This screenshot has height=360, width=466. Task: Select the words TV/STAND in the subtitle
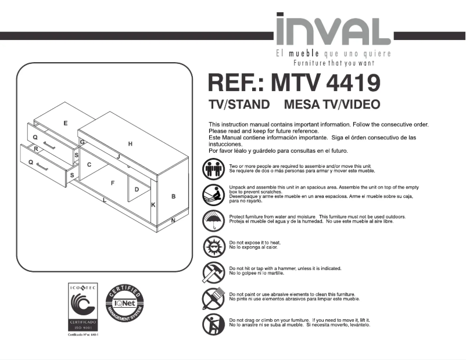pyautogui.click(x=239, y=105)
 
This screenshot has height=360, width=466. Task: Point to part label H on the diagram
pyautogui.click(x=131, y=143)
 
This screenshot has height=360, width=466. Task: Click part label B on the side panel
pyautogui.click(x=174, y=197)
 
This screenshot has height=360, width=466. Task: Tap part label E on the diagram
pyautogui.click(x=66, y=123)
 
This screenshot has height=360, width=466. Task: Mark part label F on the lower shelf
pyautogui.click(x=113, y=183)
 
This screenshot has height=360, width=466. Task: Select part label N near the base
pyautogui.click(x=173, y=220)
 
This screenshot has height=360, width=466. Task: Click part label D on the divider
pyautogui.click(x=137, y=189)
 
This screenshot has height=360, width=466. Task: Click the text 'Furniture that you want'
pyautogui.click(x=334, y=63)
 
